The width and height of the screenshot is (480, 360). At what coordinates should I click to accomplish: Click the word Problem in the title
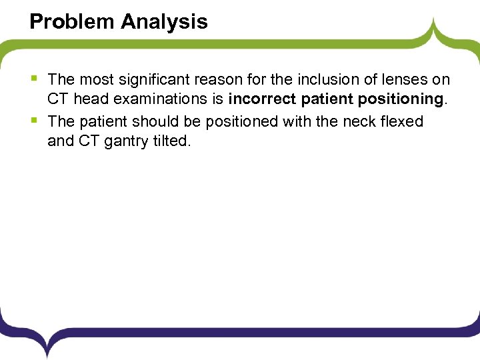pos(72,22)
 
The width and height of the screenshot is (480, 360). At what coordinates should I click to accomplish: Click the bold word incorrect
pos(261,101)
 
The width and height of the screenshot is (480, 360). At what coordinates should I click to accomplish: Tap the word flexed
pos(401,121)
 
